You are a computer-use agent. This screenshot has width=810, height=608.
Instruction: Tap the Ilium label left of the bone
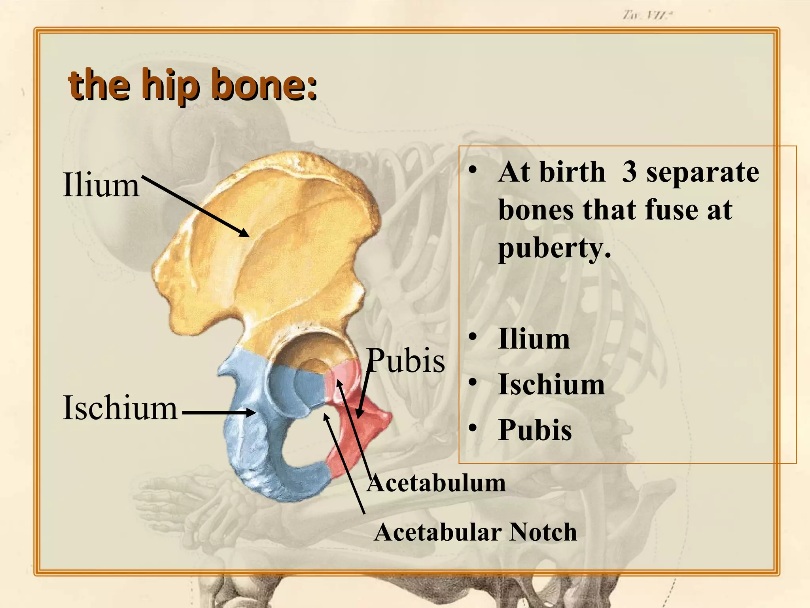pos(101,185)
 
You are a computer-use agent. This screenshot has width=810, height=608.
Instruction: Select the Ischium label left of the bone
pos(120,408)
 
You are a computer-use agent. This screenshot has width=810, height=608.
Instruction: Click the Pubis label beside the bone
pos(406,361)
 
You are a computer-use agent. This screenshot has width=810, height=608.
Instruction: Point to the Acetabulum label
pos(436,483)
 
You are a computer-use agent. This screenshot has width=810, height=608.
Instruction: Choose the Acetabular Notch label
pos(475,532)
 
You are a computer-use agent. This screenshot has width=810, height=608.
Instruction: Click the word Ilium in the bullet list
pos(534,339)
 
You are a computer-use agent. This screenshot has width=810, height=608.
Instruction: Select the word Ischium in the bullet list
pos(551,384)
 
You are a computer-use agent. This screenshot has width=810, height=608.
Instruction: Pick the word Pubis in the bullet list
pos(535,430)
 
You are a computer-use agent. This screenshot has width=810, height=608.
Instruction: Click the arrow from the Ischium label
pos(219,413)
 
